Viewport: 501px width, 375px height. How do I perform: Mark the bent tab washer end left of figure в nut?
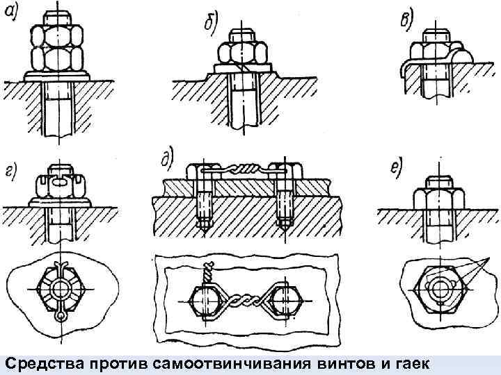pos(403,67)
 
